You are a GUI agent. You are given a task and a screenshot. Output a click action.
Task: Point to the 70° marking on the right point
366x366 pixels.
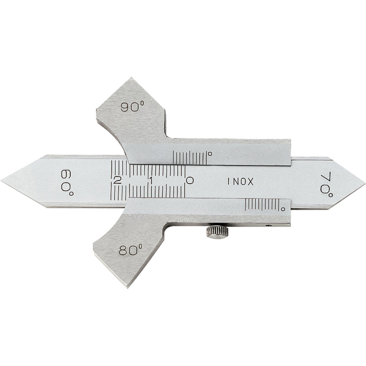(x=326, y=183)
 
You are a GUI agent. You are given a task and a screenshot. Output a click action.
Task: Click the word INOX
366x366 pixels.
(x=241, y=181)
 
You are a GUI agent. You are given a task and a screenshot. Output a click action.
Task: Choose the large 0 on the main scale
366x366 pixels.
(x=190, y=180)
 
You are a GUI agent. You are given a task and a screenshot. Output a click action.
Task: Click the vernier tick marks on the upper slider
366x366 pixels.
(x=189, y=157)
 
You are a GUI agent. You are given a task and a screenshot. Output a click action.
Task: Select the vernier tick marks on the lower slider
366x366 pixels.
(x=262, y=205)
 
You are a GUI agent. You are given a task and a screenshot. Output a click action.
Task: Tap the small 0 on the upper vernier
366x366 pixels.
(x=210, y=154)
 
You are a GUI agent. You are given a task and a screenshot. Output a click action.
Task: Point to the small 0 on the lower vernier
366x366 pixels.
(x=283, y=207)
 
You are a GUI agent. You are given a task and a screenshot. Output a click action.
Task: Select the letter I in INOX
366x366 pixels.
(x=228, y=181)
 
